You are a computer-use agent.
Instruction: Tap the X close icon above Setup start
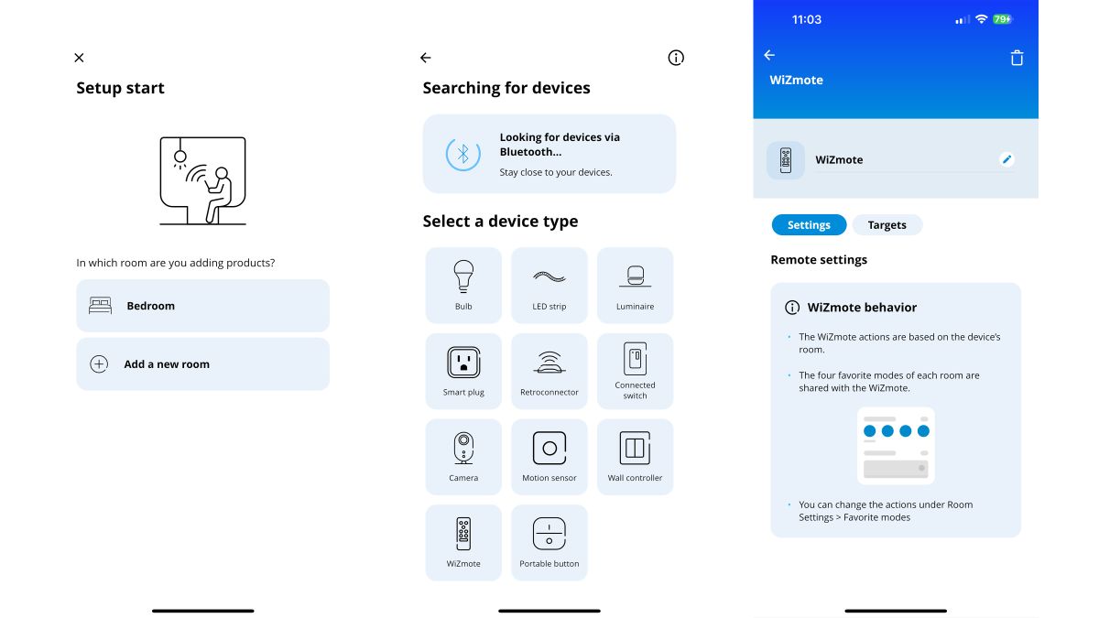[x=79, y=58]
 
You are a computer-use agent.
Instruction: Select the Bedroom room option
[x=202, y=306]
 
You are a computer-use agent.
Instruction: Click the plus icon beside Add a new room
[x=99, y=364]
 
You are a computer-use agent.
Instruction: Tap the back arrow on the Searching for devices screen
[x=425, y=58]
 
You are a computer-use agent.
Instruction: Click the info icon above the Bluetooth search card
[x=676, y=58]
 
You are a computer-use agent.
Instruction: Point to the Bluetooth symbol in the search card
[x=462, y=154]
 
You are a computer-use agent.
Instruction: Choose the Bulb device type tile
[x=463, y=285]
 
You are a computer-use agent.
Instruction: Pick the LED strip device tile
[x=549, y=285]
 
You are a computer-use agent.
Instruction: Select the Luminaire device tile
[x=635, y=285]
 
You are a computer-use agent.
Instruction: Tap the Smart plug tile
[x=463, y=371]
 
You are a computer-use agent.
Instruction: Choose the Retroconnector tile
[x=549, y=371]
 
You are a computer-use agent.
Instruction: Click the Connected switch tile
[x=635, y=371]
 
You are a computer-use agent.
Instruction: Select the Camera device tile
[x=463, y=456]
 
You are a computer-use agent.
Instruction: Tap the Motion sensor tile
[x=549, y=456]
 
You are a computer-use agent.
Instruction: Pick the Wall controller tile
[x=635, y=456]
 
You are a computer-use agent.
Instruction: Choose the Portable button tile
[x=549, y=542]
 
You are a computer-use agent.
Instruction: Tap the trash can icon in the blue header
[x=1017, y=58]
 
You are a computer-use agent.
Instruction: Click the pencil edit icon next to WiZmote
[x=1007, y=159]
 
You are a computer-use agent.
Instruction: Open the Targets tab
[x=887, y=225]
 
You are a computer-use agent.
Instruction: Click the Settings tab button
[x=809, y=225]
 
